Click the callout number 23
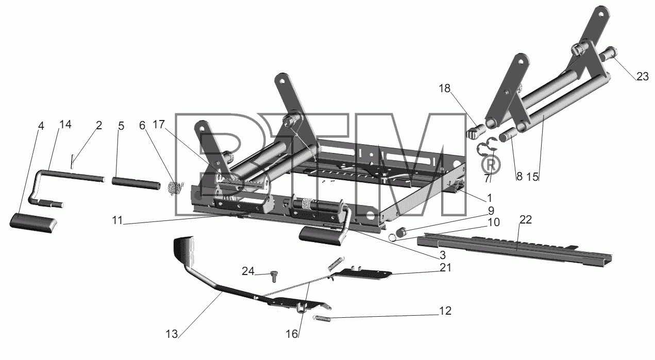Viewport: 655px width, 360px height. tap(643, 77)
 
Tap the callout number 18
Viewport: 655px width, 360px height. tap(444, 88)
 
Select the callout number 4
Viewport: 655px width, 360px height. tap(41, 126)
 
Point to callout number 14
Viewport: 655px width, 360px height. tap(65, 125)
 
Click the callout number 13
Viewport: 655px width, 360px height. tap(172, 334)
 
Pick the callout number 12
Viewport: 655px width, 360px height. tap(445, 311)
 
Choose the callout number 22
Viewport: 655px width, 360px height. tap(526, 220)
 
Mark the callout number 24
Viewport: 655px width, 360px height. tap(248, 271)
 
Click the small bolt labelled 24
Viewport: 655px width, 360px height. tap(274, 276)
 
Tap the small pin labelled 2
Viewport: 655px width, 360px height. tap(72, 162)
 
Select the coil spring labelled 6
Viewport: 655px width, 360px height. tap(175, 188)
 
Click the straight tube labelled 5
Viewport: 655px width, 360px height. tap(136, 183)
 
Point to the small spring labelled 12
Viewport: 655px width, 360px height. tap(322, 318)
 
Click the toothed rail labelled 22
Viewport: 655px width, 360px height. tap(515, 248)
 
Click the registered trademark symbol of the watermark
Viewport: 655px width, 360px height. tap(490, 165)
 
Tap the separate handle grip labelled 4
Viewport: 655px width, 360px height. tap(33, 222)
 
